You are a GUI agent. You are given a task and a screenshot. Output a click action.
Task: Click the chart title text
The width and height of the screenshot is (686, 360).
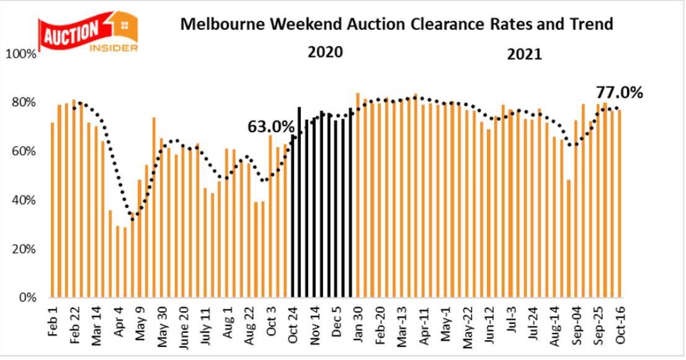396,24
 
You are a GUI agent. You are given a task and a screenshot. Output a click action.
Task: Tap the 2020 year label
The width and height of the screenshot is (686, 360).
325,52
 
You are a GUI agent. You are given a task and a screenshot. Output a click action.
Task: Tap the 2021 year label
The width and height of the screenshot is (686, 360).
524,55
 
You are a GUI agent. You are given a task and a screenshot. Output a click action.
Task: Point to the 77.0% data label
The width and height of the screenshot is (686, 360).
619,93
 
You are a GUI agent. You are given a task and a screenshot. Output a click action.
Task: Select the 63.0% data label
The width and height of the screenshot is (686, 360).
270,127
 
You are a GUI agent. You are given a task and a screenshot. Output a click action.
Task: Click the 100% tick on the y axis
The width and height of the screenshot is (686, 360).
22,55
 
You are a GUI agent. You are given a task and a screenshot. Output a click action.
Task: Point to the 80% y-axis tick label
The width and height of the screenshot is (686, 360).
24,103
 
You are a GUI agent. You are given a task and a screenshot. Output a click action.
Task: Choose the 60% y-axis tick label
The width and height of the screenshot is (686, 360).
24,152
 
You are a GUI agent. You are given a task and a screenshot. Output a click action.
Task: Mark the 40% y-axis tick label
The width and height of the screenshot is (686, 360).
24,200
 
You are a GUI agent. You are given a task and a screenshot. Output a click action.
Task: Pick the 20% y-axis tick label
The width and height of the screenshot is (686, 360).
24,250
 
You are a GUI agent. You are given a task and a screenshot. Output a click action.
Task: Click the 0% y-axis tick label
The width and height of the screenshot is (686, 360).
27,298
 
